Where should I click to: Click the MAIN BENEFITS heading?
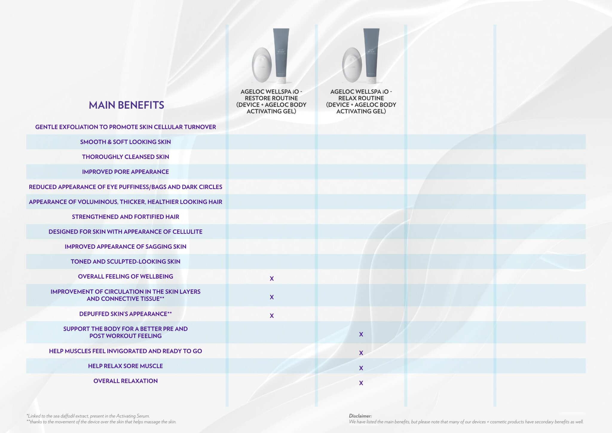[126, 105]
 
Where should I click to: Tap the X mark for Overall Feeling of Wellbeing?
[272, 278]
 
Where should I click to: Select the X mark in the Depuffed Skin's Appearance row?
[272, 315]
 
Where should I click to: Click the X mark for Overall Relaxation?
[361, 383]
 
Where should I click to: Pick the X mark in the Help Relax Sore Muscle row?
[361, 368]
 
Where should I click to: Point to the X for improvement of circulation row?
[272, 297]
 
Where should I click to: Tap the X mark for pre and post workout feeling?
[361, 334]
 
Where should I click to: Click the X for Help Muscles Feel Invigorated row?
[361, 353]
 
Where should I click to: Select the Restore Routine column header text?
[271, 101]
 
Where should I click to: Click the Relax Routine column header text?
[361, 101]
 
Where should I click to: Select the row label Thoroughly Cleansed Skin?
[126, 157]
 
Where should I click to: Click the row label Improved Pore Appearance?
[126, 172]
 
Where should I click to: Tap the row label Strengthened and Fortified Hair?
[126, 217]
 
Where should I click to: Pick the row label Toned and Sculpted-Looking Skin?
[126, 261]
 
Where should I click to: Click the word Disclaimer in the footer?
[360, 416]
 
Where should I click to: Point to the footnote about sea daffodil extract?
[88, 416]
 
